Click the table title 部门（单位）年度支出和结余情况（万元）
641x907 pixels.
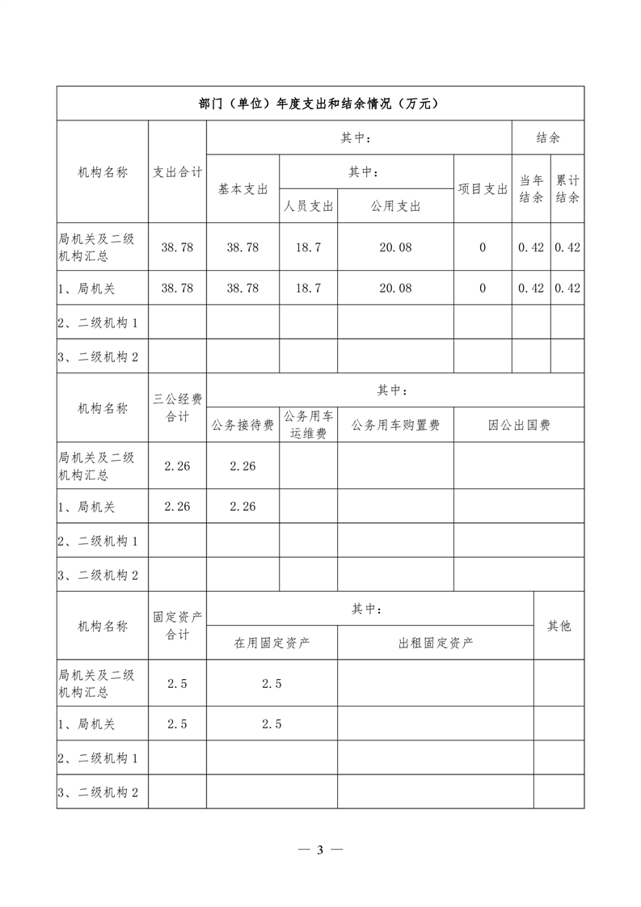[x=320, y=103]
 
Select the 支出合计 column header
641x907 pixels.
[x=178, y=171]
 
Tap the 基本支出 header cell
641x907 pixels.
[x=242, y=188]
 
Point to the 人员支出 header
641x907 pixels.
[x=308, y=206]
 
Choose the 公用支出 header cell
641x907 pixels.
[x=395, y=206]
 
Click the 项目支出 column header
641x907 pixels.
[x=483, y=188]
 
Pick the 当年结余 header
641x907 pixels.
[x=531, y=188]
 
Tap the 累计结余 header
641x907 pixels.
[x=567, y=188]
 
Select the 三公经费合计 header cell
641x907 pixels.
[x=178, y=407]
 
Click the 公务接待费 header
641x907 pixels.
[x=242, y=425]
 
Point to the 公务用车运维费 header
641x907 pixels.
[x=308, y=425]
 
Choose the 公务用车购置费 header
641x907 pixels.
[x=395, y=425]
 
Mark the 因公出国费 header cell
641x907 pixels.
[x=519, y=425]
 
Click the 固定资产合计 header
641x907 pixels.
[x=178, y=626]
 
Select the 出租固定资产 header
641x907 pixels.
[x=436, y=643]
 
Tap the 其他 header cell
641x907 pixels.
[x=559, y=626]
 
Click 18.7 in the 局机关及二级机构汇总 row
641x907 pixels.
[x=308, y=247]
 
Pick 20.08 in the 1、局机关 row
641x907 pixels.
[x=395, y=288]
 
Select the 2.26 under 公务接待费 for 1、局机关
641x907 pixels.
[x=242, y=507]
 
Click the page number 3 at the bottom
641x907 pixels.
[x=320, y=850]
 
